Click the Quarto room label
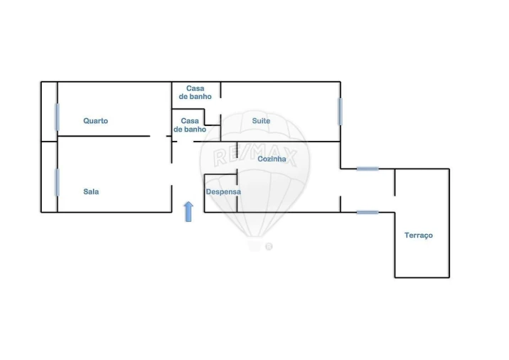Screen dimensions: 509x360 click(x=95, y=121)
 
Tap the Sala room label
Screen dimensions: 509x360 click(x=91, y=191)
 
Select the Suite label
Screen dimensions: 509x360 click(x=261, y=121)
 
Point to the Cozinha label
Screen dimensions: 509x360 click(x=272, y=159)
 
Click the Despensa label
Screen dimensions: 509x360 click(x=223, y=191)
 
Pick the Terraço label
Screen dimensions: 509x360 click(x=419, y=235)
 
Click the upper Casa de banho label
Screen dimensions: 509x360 click(x=195, y=92)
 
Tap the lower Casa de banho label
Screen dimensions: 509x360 click(x=190, y=125)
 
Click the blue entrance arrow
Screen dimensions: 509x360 click(x=188, y=211)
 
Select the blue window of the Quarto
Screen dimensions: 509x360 click(x=58, y=117)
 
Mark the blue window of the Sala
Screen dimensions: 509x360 click(x=58, y=182)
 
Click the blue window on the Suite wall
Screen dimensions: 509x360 click(x=341, y=112)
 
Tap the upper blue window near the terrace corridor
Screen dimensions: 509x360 click(x=368, y=169)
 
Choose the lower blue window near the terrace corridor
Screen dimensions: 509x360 click(x=368, y=212)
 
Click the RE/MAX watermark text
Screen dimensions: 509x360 click(x=254, y=155)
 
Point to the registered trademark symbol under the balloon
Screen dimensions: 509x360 click(x=269, y=247)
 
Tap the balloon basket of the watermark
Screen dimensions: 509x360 click(x=254, y=246)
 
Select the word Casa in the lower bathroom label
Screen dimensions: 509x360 click(x=190, y=121)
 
